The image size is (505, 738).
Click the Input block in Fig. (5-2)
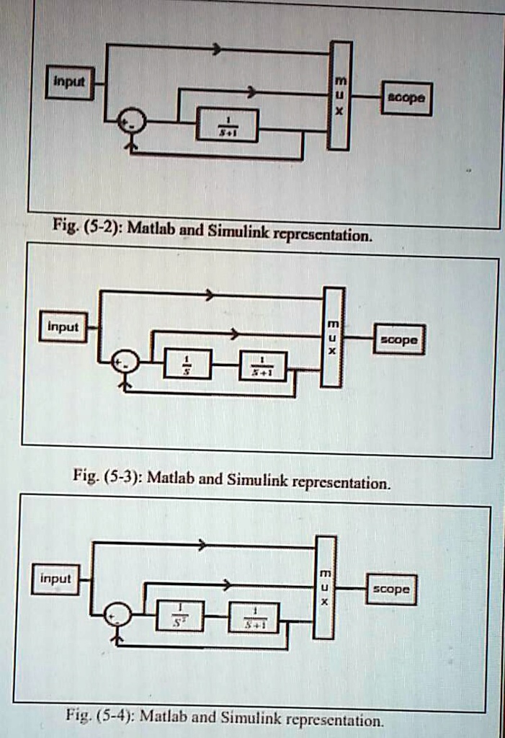pyautogui.click(x=69, y=83)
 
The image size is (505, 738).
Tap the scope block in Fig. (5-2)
pyautogui.click(x=407, y=98)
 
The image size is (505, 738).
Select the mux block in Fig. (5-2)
pyautogui.click(x=340, y=95)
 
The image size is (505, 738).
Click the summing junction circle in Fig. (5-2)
pyautogui.click(x=132, y=122)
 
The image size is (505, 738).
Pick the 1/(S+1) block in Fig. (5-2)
pyautogui.click(x=227, y=125)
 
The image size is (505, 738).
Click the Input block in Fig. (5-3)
pyautogui.click(x=63, y=327)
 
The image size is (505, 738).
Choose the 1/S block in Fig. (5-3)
pyautogui.click(x=188, y=363)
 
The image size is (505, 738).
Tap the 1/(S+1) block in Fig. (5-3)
pyautogui.click(x=263, y=366)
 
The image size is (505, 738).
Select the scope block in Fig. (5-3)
pyautogui.click(x=399, y=339)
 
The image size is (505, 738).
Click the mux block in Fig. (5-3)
pyautogui.click(x=333, y=337)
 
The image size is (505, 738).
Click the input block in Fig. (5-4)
pyautogui.click(x=55, y=580)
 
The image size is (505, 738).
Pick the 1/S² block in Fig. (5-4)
pyautogui.click(x=180, y=615)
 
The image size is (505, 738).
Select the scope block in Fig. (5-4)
pyautogui.click(x=391, y=590)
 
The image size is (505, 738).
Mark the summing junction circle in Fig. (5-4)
pyautogui.click(x=117, y=615)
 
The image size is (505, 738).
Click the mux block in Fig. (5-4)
pyautogui.click(x=325, y=587)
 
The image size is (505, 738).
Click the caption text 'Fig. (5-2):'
pyautogui.click(x=87, y=228)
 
